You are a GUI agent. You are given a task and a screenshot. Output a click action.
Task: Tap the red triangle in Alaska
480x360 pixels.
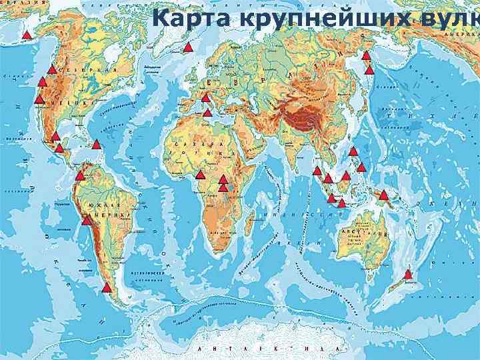coord(27,35)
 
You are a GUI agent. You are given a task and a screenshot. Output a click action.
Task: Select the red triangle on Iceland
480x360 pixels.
coord(188,47)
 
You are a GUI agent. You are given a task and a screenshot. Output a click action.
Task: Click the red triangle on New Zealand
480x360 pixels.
coord(408,274)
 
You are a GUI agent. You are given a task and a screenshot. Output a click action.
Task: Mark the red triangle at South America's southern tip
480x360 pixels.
coord(107,288)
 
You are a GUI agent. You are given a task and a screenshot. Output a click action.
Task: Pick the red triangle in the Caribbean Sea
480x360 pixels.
coord(96,145)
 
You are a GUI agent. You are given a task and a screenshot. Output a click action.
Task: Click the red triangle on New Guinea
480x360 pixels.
coord(383,195)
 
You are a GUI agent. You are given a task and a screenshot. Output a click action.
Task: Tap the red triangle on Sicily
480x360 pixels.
coord(207,112)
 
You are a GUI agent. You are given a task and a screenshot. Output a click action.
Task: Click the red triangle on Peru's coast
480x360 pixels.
coord(86,219)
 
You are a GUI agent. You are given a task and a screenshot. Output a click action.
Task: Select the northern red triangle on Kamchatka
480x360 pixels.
coord(365,56)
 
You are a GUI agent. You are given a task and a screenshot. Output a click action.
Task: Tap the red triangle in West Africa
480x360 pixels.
coord(200,175)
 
